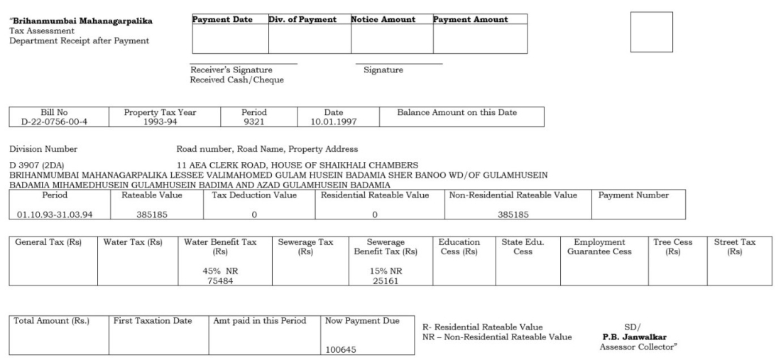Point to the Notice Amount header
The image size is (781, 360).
click(x=383, y=19)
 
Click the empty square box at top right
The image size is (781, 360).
click(x=651, y=31)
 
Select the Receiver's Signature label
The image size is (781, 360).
click(x=225, y=70)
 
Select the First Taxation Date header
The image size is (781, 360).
click(x=153, y=321)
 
